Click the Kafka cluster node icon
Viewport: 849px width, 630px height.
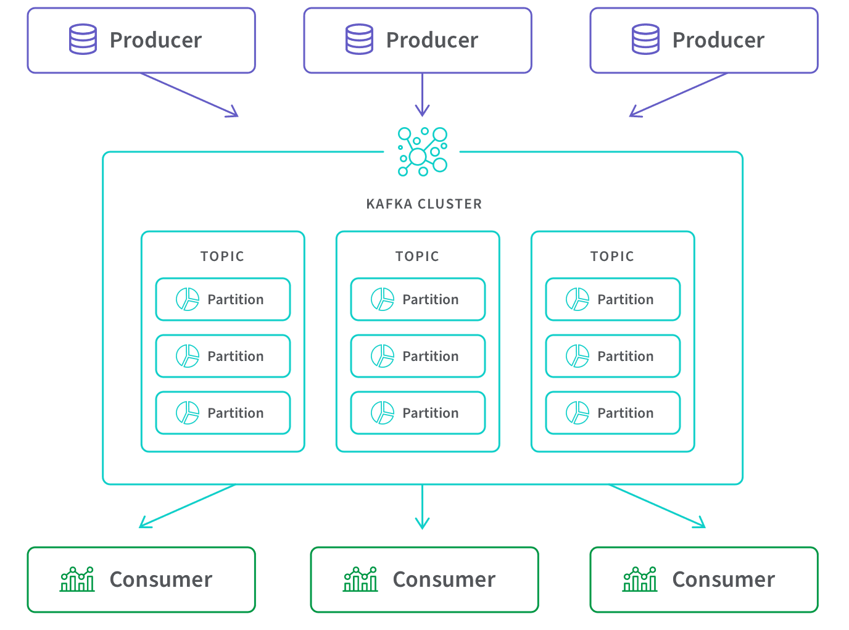point(422,152)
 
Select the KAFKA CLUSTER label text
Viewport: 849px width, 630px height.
point(424,204)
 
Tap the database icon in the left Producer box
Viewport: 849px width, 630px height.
point(83,39)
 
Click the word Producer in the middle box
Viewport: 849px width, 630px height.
point(432,40)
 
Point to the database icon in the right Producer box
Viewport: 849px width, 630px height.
point(645,39)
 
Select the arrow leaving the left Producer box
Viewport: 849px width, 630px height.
point(189,94)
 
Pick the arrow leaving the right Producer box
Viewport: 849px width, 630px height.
point(678,94)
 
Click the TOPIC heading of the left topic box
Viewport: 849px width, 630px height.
point(222,256)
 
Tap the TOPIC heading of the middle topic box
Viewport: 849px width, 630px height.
point(417,256)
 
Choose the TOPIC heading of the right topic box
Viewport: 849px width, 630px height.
point(612,256)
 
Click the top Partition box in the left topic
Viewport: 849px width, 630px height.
point(223,299)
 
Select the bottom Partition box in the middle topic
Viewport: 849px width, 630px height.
point(418,413)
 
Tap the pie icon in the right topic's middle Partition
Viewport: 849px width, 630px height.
point(578,356)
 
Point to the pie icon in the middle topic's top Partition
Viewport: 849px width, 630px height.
point(383,299)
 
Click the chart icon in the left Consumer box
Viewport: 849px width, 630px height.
point(77,579)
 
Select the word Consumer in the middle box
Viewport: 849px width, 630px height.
point(444,579)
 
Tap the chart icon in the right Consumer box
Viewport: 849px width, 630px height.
point(640,579)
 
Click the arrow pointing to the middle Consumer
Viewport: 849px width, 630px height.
point(422,507)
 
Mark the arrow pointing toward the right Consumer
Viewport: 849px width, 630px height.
point(656,506)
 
